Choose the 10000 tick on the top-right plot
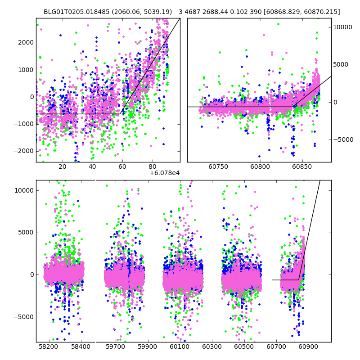(343, 27)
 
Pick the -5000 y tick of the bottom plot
(24, 317)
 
